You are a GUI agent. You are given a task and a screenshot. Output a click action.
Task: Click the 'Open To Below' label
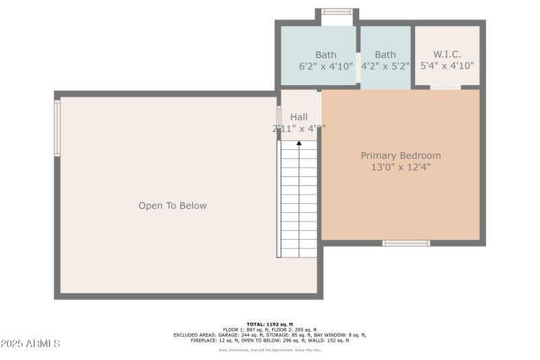(172, 206)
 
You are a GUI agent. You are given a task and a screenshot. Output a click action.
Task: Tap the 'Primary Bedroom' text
(400, 155)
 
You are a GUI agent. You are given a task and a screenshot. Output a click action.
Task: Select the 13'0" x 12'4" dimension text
(400, 167)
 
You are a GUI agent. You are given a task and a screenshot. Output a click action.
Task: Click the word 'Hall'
(299, 117)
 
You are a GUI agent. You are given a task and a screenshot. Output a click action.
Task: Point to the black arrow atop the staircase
(299, 143)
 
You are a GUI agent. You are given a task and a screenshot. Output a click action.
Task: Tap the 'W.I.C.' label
(447, 55)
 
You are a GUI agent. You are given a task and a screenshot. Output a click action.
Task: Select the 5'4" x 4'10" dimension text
(447, 66)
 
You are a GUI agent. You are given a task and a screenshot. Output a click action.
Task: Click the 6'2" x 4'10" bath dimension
(326, 66)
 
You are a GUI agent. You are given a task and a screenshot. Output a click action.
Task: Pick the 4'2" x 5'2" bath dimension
(385, 66)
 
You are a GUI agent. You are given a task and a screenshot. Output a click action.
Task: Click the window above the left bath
(336, 11)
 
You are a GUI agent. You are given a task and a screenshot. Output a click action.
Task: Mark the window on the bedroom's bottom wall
(406, 243)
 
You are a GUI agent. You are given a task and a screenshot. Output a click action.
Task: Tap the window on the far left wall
(57, 128)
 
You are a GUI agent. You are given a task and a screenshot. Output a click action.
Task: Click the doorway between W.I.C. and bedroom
(446, 87)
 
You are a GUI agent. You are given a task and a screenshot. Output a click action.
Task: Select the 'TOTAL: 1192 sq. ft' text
(270, 324)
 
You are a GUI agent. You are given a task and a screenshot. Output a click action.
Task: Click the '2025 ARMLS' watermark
(31, 344)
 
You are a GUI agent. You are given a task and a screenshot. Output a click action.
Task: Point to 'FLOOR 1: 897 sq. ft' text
(246, 330)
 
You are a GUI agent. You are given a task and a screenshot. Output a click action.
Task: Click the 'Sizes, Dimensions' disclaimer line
(270, 350)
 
